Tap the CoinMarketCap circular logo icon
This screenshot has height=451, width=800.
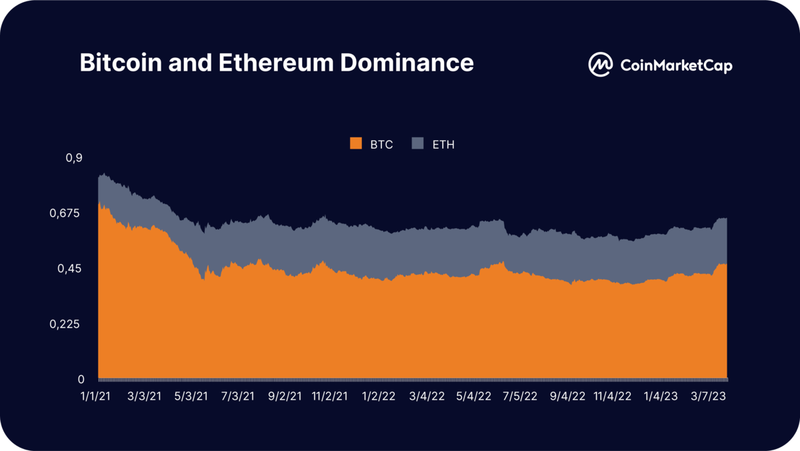click(x=600, y=64)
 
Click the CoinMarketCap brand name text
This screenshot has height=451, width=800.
click(x=676, y=65)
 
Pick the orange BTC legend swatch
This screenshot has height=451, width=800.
click(x=355, y=143)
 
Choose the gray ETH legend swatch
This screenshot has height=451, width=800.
click(x=418, y=143)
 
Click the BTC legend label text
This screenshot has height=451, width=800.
click(x=381, y=144)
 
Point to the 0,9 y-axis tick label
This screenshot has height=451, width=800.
click(x=74, y=157)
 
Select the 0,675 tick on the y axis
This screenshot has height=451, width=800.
click(x=69, y=213)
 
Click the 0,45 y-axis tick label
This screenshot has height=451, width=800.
click(x=71, y=268)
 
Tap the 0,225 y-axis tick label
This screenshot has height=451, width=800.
click(x=69, y=324)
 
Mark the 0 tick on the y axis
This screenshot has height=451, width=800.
click(x=81, y=380)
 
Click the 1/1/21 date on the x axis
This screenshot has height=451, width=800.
click(x=97, y=396)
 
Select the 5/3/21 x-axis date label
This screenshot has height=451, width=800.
click(x=190, y=396)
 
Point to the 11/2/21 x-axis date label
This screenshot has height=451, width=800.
click(x=329, y=396)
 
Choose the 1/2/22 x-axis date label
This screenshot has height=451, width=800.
click(x=378, y=396)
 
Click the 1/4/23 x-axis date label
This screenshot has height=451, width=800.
click(x=661, y=396)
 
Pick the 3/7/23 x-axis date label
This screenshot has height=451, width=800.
click(x=708, y=396)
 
